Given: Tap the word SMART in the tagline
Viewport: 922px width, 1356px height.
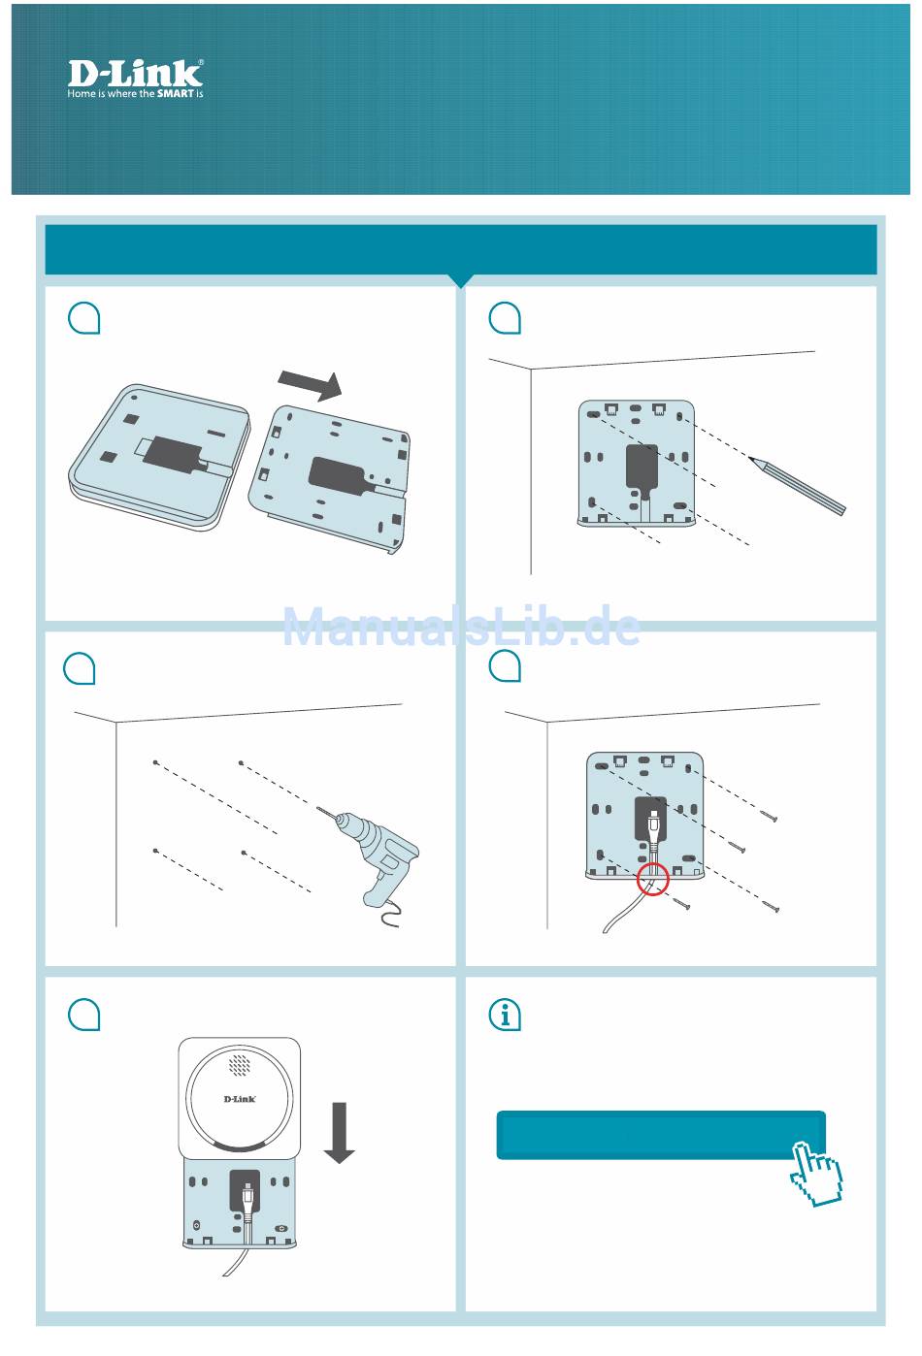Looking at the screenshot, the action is click(x=175, y=94).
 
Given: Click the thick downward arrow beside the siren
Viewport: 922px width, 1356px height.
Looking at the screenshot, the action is click(x=340, y=1133).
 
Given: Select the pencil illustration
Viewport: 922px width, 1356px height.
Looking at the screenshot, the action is click(x=797, y=486).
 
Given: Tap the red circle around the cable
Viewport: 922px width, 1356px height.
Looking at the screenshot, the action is click(x=653, y=879).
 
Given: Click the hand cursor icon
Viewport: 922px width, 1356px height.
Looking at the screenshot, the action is click(x=815, y=1174).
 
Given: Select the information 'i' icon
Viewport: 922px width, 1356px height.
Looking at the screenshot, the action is click(x=505, y=1015).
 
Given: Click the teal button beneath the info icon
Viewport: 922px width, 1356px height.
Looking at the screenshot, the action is click(x=661, y=1135).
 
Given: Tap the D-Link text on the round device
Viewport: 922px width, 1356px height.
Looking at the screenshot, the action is click(x=240, y=1099).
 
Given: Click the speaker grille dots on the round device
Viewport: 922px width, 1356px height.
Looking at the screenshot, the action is click(x=240, y=1065).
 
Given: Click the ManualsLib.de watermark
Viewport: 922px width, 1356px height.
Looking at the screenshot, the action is click(x=461, y=626).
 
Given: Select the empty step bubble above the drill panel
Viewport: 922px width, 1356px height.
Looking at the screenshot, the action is click(x=80, y=668).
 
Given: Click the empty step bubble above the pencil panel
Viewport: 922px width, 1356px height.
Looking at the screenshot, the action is click(x=505, y=318).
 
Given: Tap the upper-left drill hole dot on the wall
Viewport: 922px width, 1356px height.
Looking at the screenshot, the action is click(x=155, y=762).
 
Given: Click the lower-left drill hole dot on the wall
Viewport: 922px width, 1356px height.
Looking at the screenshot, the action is click(x=155, y=851).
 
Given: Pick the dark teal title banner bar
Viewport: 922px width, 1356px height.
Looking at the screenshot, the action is click(x=461, y=249).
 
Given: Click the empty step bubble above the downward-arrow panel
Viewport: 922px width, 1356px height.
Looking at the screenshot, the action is click(x=84, y=1015).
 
